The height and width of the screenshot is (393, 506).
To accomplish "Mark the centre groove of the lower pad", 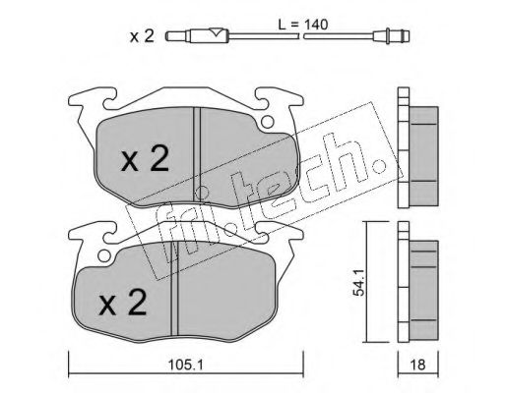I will click(x=175, y=295).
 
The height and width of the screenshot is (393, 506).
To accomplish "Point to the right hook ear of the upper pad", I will click(x=273, y=99).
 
